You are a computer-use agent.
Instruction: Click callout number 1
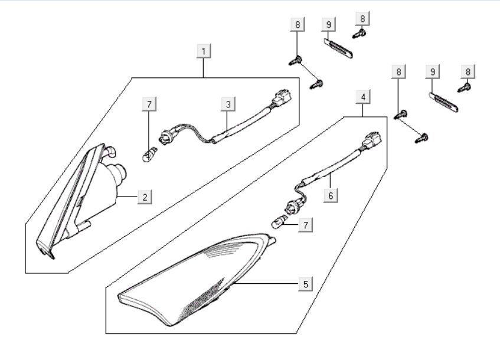point(204,51)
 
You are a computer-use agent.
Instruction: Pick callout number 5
point(305,284)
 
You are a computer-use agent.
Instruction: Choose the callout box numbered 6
point(331,195)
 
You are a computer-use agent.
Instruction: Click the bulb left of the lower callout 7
point(278,223)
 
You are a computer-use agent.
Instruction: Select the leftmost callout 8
point(298,24)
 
